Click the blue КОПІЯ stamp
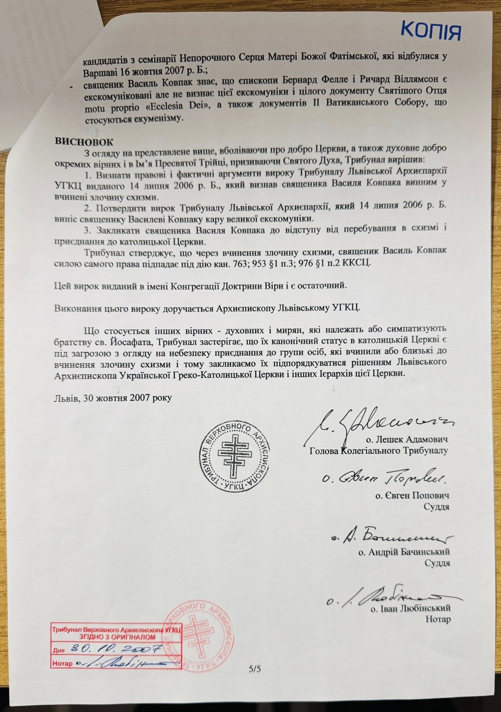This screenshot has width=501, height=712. [431, 31]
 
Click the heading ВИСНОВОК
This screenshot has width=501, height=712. [84, 142]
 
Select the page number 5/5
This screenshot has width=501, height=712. [255, 668]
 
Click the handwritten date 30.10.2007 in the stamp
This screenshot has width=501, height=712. [116, 648]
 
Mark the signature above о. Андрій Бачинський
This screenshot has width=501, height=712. [393, 537]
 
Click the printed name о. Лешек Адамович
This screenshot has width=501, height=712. [407, 439]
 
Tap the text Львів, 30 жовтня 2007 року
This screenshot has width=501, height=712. [113, 398]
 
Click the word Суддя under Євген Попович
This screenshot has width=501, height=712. [436, 507]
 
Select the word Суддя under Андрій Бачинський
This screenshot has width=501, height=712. [437, 563]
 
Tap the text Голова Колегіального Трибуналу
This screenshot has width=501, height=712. [378, 451]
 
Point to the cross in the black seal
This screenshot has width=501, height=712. [235, 455]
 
